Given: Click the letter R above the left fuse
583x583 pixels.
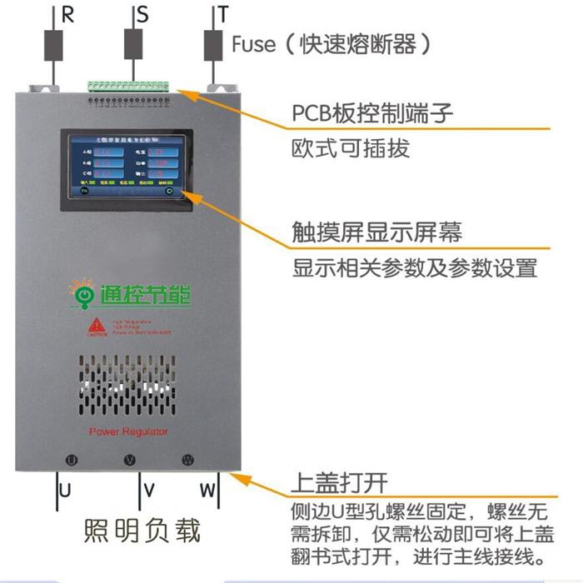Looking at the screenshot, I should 68,15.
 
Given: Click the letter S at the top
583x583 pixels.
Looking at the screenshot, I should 143,15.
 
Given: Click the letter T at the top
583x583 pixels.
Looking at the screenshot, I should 223,15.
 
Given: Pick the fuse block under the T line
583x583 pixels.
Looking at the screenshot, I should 213,45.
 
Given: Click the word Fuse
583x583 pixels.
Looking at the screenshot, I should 253,43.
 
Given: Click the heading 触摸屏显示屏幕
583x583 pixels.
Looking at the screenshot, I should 376,231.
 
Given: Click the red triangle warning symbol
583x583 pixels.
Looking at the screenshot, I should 97,326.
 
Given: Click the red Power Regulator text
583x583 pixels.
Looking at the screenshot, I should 128,431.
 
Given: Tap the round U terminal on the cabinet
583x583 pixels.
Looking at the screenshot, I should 72,460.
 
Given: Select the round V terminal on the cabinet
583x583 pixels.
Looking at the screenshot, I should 129,460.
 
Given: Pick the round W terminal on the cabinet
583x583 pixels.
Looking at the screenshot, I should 187,460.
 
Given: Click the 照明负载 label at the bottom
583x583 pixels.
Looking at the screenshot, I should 142,531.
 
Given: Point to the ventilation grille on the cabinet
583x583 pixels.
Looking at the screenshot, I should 129,387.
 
